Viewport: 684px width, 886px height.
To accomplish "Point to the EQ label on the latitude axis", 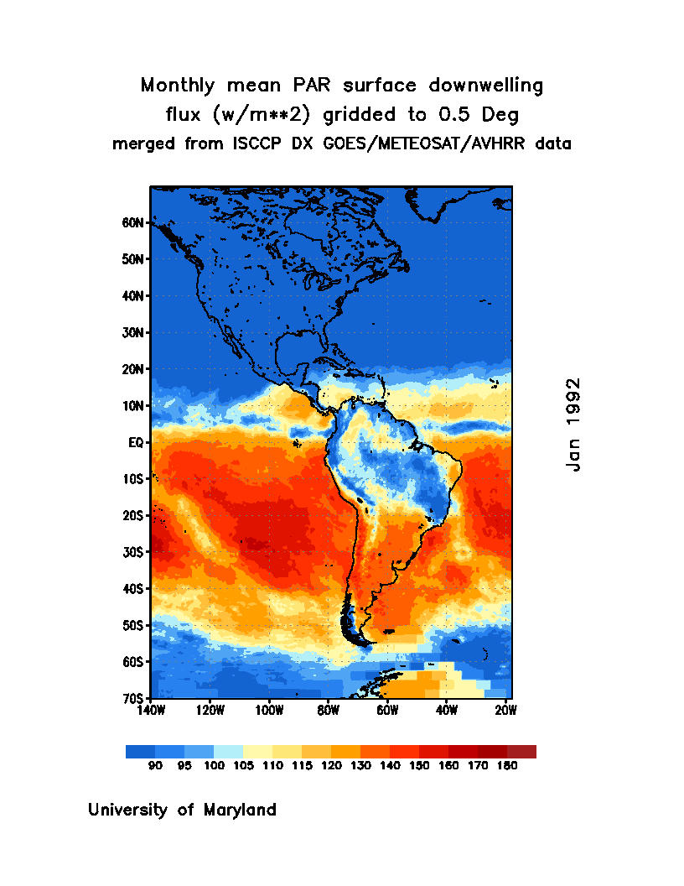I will [x=138, y=442].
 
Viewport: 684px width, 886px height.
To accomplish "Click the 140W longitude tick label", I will [x=151, y=711].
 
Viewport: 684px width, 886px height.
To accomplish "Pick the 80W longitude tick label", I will [x=328, y=711].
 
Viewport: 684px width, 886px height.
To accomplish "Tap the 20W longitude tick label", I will [x=505, y=711].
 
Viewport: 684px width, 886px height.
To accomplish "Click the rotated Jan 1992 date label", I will [x=573, y=425].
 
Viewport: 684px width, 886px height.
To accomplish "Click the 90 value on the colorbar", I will [x=155, y=766].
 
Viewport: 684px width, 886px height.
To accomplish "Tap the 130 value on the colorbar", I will [x=360, y=766].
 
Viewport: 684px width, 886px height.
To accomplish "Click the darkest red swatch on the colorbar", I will [x=521, y=752].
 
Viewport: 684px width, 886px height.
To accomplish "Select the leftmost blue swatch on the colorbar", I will [x=140, y=752].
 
